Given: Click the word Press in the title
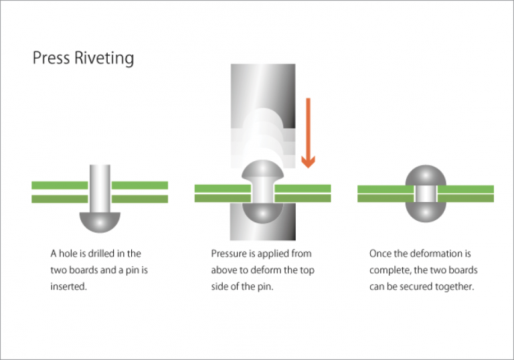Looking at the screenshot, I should tap(51, 58).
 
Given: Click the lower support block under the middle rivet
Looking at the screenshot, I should tap(262, 228).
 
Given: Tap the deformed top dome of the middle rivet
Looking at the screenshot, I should tap(262, 173).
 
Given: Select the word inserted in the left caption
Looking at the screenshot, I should tap(69, 287).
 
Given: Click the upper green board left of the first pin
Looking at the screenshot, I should tap(60, 185).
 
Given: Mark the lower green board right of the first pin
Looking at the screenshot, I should tap(139, 199).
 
